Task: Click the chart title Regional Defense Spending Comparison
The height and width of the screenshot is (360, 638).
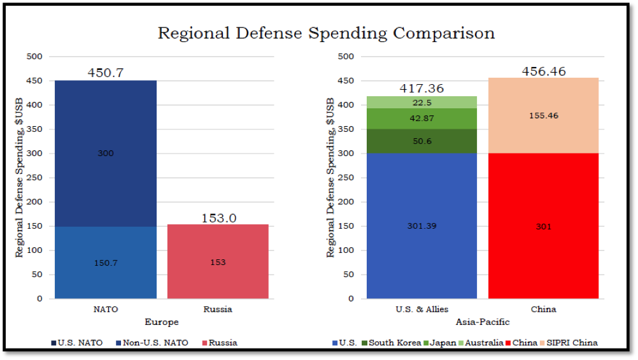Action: pos(326,33)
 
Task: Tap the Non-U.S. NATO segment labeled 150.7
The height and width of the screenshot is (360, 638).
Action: pos(106,262)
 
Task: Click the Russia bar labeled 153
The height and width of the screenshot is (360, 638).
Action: pos(218,262)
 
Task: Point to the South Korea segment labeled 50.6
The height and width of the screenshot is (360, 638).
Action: pos(422,141)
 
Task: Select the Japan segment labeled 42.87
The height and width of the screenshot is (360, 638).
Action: pos(422,118)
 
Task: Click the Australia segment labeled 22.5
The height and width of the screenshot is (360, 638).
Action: pos(422,103)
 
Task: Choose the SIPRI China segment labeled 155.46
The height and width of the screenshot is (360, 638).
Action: pos(543,116)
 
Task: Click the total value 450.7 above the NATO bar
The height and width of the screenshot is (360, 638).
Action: pos(106,73)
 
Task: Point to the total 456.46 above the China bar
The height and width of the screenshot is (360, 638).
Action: pos(543,71)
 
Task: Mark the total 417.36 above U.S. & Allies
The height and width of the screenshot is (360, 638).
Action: pos(422,89)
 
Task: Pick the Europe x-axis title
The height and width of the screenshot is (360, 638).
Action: pos(162,322)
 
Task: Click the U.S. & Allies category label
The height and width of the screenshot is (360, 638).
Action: pos(422,310)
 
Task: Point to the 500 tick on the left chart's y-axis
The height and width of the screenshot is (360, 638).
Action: pos(35,57)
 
